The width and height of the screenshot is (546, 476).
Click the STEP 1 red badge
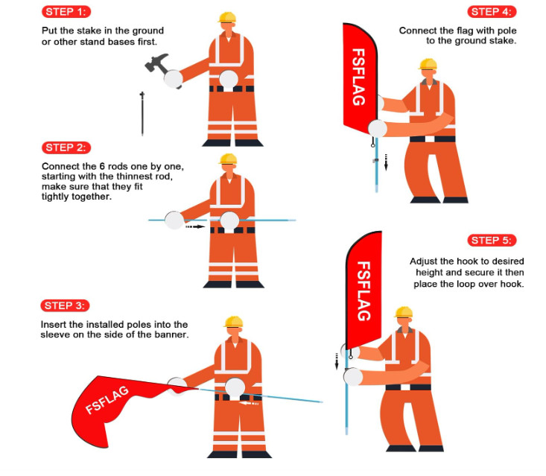tap(66, 12)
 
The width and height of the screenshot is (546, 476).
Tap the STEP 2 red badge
tap(66, 147)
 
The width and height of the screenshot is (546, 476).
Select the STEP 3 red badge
tap(65, 305)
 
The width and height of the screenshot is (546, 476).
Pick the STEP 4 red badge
tap(492, 12)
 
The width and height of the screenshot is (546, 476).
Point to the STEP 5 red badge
tap(492, 241)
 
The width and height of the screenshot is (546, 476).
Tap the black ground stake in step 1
tap(142, 113)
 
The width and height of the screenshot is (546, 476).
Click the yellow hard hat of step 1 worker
tap(227, 17)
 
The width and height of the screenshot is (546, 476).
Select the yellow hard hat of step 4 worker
tap(428, 64)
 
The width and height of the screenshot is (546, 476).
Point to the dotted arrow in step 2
tap(195, 226)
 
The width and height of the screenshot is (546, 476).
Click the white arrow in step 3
tap(250, 403)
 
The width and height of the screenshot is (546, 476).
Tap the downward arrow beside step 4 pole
tap(386, 162)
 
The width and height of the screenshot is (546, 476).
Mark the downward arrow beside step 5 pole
tap(337, 361)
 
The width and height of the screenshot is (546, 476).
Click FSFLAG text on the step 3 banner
tap(107, 400)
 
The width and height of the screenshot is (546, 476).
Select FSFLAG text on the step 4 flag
tap(358, 77)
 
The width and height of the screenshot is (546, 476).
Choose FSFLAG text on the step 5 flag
tap(364, 291)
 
